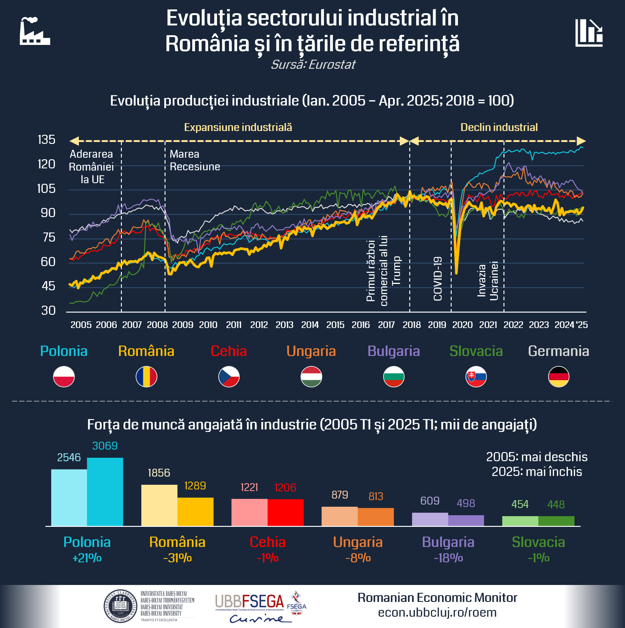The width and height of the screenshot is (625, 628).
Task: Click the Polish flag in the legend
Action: point(64,377)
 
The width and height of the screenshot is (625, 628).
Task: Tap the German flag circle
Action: point(558,377)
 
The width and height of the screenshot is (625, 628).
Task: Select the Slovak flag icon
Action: point(476,377)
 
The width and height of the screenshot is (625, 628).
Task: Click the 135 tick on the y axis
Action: point(46,140)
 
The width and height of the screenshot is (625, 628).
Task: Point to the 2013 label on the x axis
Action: point(284,325)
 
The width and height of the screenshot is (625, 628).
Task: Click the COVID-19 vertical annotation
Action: point(438,279)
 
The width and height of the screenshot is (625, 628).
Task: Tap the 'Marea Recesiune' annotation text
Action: point(195,160)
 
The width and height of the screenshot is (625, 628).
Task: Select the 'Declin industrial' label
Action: point(499,127)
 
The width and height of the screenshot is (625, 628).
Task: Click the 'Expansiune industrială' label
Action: point(238,127)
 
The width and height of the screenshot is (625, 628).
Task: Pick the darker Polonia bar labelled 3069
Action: point(105,491)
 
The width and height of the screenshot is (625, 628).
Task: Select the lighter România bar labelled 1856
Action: point(159,505)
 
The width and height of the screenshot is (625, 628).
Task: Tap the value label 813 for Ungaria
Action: point(376,496)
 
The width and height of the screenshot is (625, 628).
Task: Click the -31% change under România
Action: point(177,558)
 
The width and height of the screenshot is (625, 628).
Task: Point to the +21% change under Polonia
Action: point(87,558)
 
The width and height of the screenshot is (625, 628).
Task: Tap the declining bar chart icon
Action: point(589,33)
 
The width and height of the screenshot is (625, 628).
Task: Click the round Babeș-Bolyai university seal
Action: point(120,606)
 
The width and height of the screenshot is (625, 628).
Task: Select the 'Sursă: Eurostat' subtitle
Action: point(313,64)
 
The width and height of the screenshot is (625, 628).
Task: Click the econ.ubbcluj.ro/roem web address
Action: point(437,613)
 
